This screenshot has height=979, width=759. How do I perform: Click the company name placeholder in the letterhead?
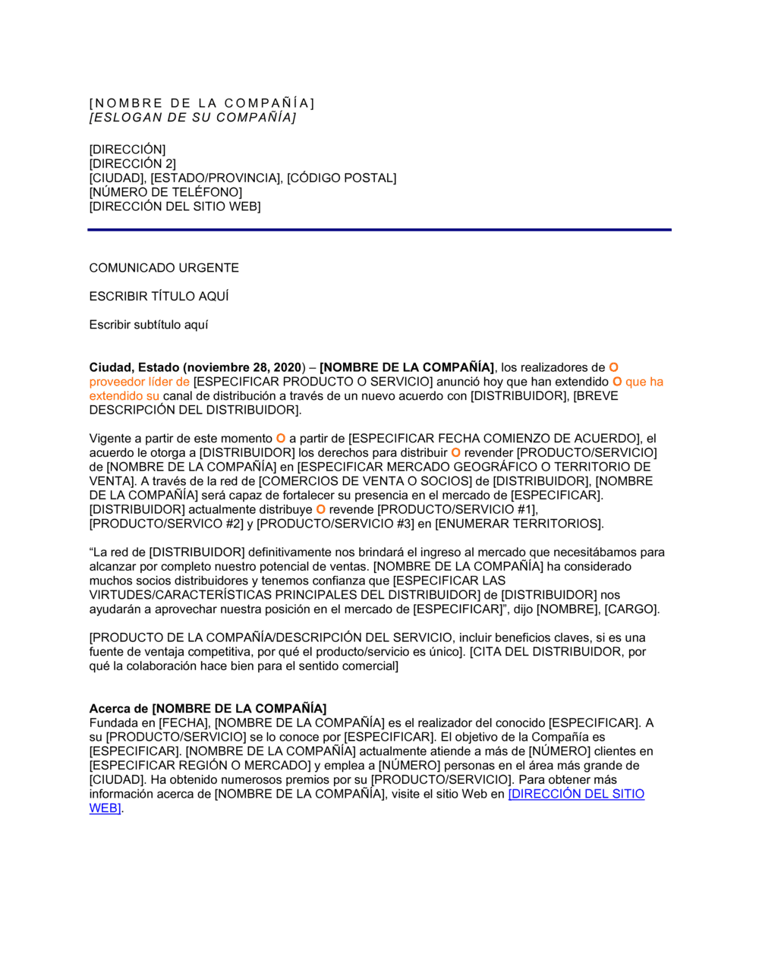point(202,103)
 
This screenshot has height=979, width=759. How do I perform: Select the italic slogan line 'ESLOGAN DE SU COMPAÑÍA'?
point(193,118)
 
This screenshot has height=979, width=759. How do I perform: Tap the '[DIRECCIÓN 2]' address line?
point(133,164)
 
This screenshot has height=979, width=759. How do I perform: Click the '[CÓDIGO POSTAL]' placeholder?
point(342,178)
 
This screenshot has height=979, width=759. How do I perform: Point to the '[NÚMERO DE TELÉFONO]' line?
point(165,193)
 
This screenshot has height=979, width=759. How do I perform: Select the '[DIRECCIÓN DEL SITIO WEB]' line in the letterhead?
point(175,206)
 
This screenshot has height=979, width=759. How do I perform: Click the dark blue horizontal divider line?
point(379,229)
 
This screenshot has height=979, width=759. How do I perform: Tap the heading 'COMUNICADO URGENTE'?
point(164,268)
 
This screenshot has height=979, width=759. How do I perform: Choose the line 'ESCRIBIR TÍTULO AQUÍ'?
point(159,297)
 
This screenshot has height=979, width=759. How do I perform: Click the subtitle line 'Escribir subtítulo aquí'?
point(149,325)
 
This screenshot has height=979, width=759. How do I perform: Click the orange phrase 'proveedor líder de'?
point(140,382)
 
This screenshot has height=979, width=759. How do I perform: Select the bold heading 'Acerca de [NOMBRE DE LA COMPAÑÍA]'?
point(208,709)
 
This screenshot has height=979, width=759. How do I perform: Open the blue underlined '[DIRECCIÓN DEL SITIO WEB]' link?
point(576,794)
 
